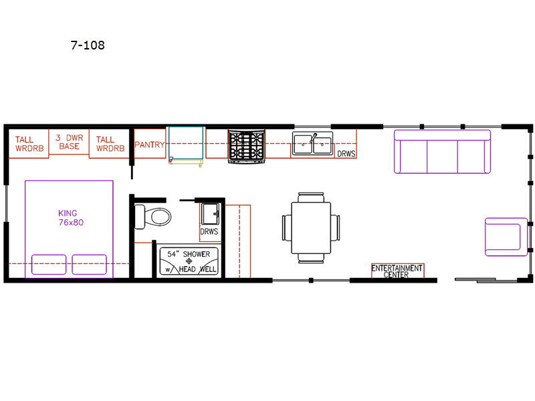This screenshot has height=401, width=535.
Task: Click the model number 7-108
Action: (x=88, y=45)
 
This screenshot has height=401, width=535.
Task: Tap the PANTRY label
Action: (x=149, y=144)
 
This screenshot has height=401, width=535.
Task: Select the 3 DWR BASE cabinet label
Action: (x=70, y=142)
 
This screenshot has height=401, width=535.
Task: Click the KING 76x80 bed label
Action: (x=71, y=218)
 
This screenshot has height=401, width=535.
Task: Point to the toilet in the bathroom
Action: (x=153, y=217)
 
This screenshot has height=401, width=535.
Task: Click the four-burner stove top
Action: (x=246, y=146)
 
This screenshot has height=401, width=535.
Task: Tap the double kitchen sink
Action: (x=312, y=144)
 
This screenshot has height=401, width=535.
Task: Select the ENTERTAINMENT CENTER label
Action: (x=397, y=271)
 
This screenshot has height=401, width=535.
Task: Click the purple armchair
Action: (x=506, y=237)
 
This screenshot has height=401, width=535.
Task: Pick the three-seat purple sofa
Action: (x=442, y=152)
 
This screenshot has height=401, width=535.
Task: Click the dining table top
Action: (x=311, y=227)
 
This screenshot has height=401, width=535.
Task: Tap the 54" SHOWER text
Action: (x=189, y=254)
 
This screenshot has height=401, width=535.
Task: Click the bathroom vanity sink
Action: (x=210, y=214)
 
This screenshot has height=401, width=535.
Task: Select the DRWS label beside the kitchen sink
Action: (x=346, y=154)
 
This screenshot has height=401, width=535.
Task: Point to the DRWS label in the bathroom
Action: (x=209, y=231)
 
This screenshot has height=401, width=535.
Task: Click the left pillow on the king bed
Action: (x=49, y=264)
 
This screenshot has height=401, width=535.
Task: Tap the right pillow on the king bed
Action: (x=90, y=264)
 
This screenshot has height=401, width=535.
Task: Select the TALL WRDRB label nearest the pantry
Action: (x=110, y=144)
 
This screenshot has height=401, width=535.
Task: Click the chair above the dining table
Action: (x=311, y=197)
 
